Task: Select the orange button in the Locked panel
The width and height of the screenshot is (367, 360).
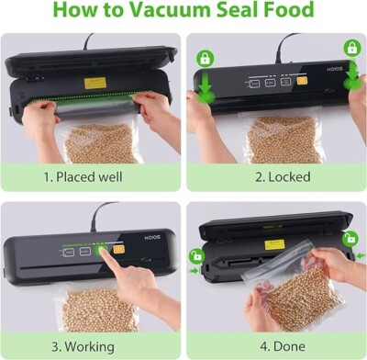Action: (301, 81)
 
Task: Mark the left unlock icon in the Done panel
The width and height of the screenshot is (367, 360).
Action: (196, 254)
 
